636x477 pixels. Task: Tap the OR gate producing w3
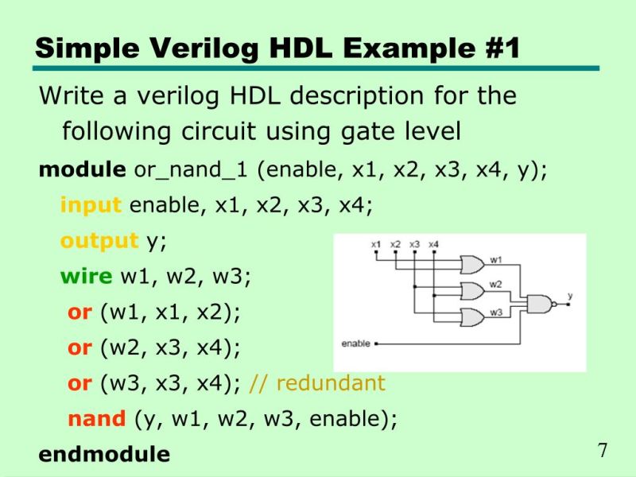click(x=471, y=317)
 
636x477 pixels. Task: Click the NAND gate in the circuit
click(x=540, y=304)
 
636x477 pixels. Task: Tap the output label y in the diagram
click(x=570, y=296)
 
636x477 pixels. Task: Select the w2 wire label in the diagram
click(x=495, y=284)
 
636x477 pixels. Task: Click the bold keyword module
click(x=82, y=170)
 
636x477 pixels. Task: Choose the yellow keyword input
click(x=91, y=205)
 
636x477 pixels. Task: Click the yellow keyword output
click(x=99, y=240)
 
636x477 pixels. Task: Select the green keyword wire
click(x=86, y=276)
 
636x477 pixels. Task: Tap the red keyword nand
click(x=96, y=419)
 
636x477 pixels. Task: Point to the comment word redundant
click(x=331, y=383)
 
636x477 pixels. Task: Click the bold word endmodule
click(x=104, y=454)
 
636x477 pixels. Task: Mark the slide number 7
click(x=603, y=451)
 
